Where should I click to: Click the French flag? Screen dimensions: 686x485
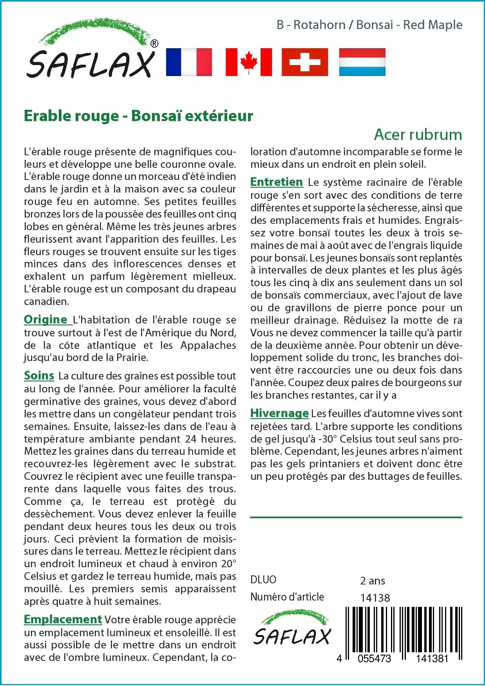click(x=189, y=62)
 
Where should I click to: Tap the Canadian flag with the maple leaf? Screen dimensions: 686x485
click(x=249, y=62)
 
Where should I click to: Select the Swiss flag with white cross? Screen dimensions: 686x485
click(x=305, y=62)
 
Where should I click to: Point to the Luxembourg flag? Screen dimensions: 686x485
click(x=362, y=62)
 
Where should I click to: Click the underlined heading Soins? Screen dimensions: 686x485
click(x=39, y=376)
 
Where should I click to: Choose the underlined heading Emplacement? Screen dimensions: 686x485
click(x=63, y=619)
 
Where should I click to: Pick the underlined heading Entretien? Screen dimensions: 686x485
click(x=277, y=182)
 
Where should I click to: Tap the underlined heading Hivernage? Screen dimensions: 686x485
click(x=280, y=413)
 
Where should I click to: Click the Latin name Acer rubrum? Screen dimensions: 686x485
click(x=418, y=134)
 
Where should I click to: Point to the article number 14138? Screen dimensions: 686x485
click(x=375, y=597)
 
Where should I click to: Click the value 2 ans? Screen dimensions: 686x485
click(x=373, y=581)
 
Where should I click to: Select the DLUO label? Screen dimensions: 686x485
click(x=263, y=580)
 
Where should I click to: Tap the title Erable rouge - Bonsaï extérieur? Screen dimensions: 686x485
click(x=138, y=116)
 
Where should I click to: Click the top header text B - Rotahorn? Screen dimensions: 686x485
click(x=311, y=25)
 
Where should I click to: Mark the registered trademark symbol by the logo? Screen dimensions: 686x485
click(x=154, y=44)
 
